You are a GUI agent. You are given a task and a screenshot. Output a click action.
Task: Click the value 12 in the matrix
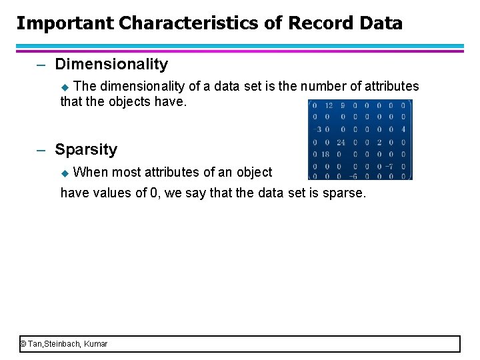329,105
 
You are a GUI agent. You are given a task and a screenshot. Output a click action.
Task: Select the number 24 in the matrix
340,141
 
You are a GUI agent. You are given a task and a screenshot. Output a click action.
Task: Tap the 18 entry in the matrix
327,153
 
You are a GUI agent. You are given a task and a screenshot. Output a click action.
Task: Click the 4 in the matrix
403,129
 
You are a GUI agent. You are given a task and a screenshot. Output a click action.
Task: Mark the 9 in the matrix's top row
341,105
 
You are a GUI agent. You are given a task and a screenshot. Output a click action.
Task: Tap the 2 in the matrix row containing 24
378,141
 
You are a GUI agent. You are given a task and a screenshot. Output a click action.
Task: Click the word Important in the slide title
65,23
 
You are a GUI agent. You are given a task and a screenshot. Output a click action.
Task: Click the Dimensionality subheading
111,64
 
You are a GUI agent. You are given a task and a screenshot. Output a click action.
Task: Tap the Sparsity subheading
86,149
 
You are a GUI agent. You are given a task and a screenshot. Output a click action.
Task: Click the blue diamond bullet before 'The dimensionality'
65,87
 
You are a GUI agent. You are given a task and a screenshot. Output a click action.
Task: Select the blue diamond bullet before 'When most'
65,173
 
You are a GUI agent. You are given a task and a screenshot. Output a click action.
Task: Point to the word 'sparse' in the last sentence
344,193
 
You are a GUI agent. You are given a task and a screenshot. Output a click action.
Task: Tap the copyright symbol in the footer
23,344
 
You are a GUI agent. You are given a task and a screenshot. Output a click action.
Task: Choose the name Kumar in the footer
96,344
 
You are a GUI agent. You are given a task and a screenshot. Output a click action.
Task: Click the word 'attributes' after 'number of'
391,86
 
